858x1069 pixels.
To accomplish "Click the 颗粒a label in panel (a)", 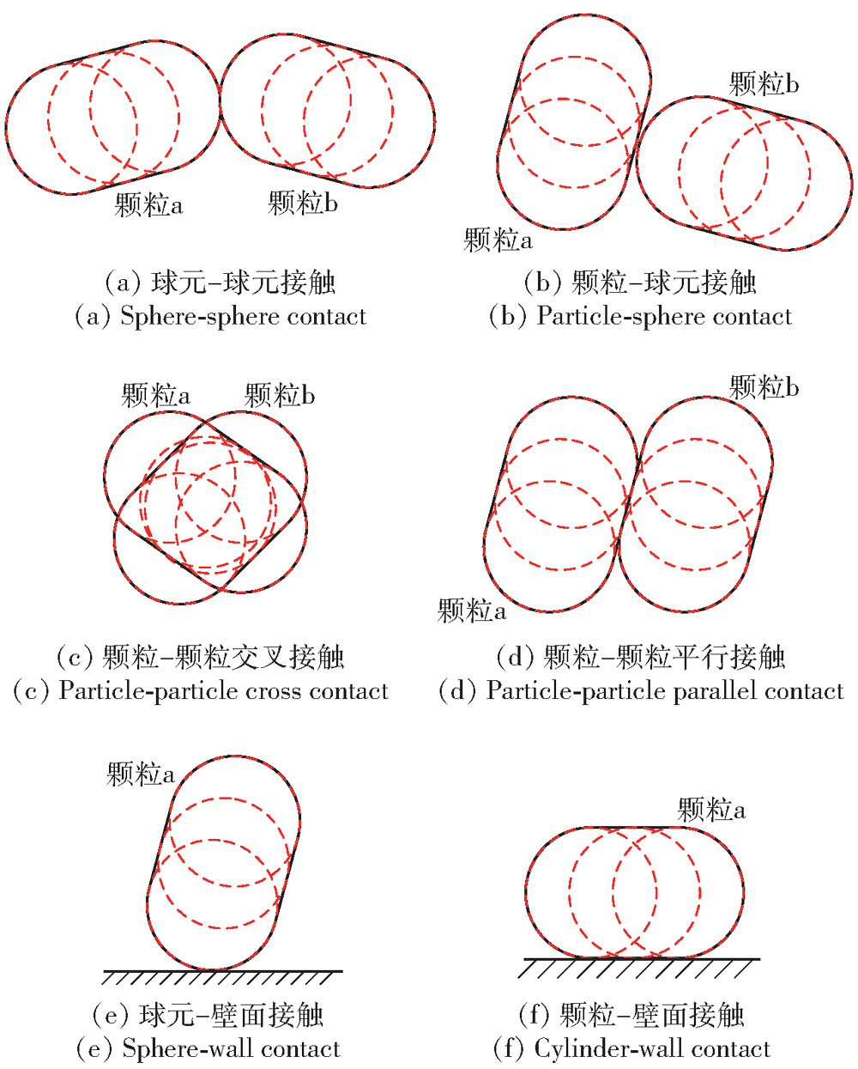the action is [x=148, y=204].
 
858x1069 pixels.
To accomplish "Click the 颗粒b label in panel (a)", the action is [x=302, y=203].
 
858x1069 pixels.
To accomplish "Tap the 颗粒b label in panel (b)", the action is [x=764, y=83].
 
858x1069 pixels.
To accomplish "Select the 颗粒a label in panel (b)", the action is [x=498, y=240].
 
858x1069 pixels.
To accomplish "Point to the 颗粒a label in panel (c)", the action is [x=155, y=395].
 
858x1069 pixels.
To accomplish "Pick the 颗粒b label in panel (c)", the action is [x=279, y=395].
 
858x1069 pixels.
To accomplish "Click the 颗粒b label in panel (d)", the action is [x=764, y=386].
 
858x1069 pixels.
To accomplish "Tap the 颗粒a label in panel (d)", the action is [x=471, y=610].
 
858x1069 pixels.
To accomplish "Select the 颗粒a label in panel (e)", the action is [x=141, y=774].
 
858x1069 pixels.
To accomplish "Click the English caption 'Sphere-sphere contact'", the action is [x=243, y=317].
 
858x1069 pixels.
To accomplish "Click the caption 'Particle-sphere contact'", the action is [x=664, y=317].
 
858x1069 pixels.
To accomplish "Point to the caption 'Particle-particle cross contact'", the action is [x=223, y=691].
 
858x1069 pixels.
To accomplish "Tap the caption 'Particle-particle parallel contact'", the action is [x=664, y=691].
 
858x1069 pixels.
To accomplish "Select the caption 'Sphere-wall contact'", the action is [x=232, y=1048].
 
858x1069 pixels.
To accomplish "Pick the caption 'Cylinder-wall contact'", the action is [x=652, y=1048].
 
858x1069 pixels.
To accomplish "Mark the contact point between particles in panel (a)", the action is [x=220, y=102].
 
